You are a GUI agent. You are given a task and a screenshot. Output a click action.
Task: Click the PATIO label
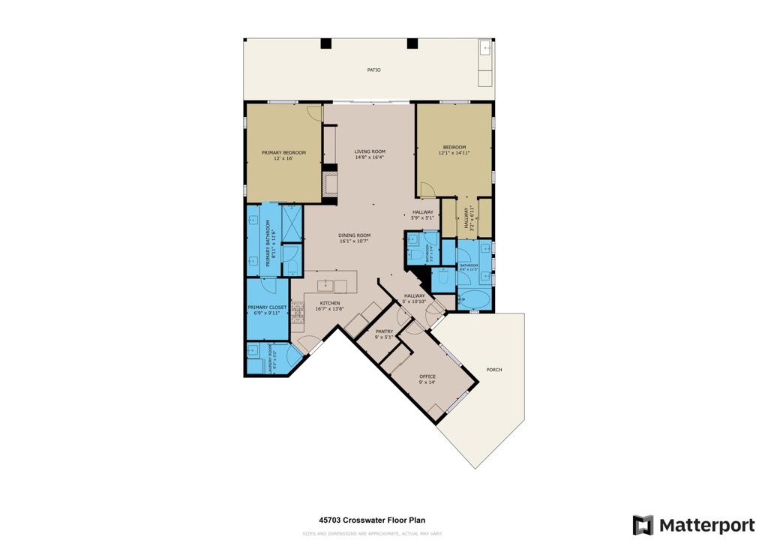click(373, 70)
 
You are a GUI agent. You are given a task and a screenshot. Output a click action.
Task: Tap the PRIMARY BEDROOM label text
click(283, 152)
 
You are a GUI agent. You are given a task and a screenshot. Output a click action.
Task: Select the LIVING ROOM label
click(370, 151)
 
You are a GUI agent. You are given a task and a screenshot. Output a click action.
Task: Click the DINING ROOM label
click(355, 235)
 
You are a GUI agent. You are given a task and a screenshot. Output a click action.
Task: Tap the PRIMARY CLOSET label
click(267, 307)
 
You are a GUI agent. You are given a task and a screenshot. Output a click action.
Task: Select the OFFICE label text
click(427, 376)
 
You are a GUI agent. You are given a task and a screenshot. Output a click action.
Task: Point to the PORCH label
click(494, 370)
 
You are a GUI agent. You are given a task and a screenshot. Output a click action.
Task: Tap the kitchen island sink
click(325, 285)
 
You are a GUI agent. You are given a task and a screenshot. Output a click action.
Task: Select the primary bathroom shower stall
click(291, 222)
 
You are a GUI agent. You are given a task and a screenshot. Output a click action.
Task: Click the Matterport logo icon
click(643, 525)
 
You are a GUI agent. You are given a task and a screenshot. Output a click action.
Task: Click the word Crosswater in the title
click(358, 519)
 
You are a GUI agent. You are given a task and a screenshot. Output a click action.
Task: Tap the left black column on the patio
click(326, 43)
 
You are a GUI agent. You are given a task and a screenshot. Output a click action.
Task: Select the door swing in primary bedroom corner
click(314, 114)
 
